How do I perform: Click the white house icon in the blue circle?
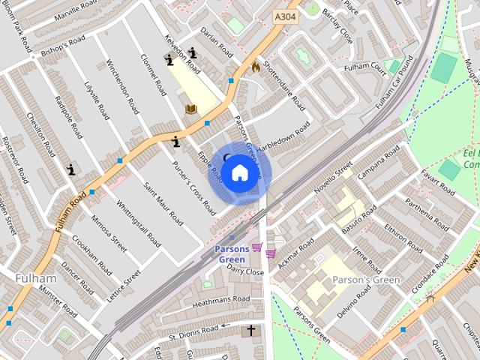pyautogui.click(x=239, y=173)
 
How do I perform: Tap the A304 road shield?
pyautogui.click(x=285, y=16)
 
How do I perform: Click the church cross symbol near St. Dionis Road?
pyautogui.click(x=251, y=330)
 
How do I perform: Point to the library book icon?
pyautogui.click(x=191, y=109)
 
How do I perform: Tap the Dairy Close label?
pyautogui.click(x=244, y=271)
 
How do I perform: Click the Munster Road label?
pyautogui.click(x=59, y=300)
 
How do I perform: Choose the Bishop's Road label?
pyautogui.click(x=64, y=45)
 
